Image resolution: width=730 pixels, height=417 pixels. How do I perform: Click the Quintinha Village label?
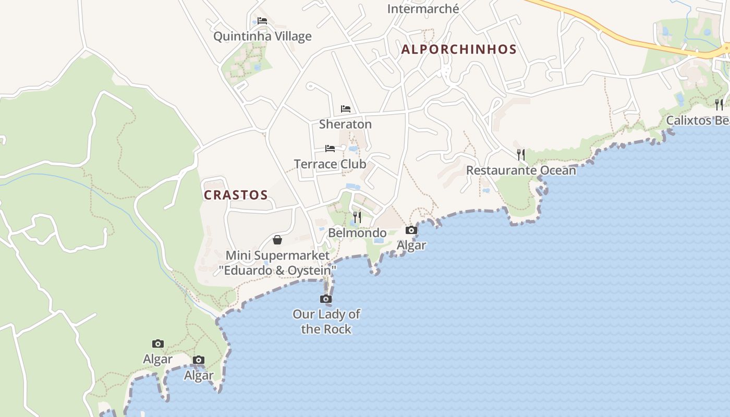point(262,36)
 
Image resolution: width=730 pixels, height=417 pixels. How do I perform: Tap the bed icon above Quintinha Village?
point(262,21)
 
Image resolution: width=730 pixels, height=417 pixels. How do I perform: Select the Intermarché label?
point(423,9)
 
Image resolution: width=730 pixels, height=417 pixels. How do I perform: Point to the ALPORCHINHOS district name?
point(459,50)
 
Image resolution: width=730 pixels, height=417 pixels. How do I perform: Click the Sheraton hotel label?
point(345,124)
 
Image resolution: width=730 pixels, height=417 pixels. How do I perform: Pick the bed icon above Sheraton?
point(345,109)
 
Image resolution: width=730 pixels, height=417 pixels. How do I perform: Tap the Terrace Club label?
point(330,164)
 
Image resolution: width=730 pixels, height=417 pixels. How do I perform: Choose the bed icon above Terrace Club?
point(330,149)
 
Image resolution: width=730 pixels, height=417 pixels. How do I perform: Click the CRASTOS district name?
point(236,195)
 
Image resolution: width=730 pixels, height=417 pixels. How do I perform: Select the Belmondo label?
point(357,232)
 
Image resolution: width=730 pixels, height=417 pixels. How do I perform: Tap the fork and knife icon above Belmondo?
point(357,217)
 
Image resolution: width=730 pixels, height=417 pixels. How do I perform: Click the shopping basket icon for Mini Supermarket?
point(277,240)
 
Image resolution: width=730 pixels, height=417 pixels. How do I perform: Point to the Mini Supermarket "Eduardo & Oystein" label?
point(277,263)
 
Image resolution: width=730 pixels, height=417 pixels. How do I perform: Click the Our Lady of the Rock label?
point(326,322)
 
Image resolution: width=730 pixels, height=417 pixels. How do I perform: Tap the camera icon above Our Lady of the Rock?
point(326,299)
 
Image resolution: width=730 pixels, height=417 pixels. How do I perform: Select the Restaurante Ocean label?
point(521,170)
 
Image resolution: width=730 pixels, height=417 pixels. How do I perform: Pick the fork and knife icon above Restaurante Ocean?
point(521,155)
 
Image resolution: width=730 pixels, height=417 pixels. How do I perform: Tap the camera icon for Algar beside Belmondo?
point(411,230)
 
